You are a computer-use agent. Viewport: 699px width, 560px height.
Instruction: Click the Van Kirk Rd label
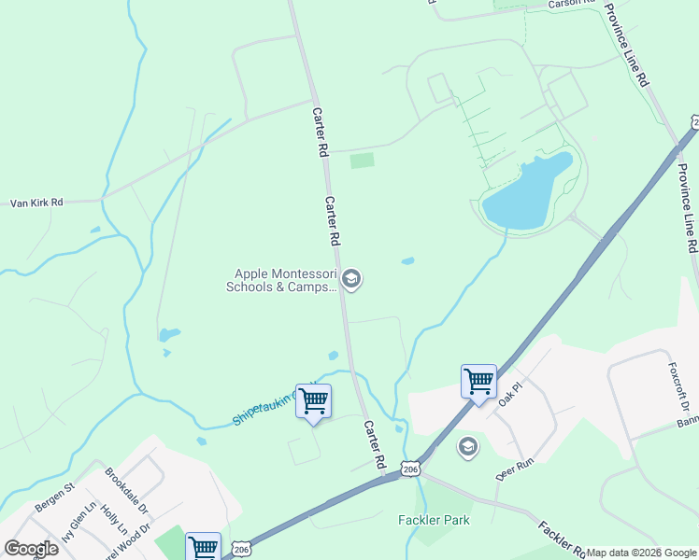pos(36,202)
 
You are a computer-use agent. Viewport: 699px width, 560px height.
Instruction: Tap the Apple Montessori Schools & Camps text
pos(283,280)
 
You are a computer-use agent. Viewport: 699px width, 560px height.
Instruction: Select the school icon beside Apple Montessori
pos(352,280)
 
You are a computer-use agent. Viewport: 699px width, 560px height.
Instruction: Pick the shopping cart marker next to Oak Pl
pos(478,382)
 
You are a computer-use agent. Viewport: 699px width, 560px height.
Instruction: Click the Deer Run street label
pos(513,468)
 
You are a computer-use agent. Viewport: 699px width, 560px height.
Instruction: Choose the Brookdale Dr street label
pos(127,491)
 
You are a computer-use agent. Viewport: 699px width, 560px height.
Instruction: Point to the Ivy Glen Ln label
pos(78,528)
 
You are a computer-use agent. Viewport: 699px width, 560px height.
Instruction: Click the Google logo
pos(31,549)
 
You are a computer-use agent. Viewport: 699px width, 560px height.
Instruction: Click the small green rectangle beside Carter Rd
pos(362,161)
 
